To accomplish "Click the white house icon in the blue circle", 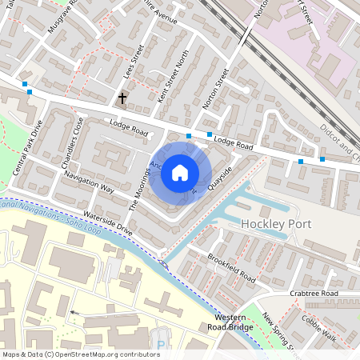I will pos(180,172).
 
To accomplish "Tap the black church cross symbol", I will pos(123,99).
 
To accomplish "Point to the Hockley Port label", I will pos(274,224).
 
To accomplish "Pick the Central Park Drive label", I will pos(28,148).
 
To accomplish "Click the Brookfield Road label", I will pos(232,269).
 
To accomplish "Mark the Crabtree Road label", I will pos(314,294).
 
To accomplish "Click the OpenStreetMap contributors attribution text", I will pos(81,354).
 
